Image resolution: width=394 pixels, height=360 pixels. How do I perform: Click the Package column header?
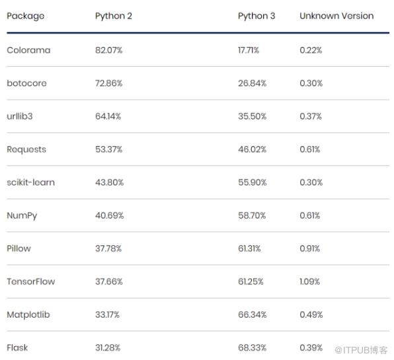coord(25,17)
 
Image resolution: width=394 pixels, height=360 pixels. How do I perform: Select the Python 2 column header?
coord(114,16)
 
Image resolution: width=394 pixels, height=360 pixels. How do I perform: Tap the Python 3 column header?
coord(256,16)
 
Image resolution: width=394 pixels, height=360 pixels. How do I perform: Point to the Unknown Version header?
coord(336,16)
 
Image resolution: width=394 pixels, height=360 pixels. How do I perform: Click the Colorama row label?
coord(28,50)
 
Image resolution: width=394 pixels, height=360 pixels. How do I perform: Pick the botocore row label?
coord(26,83)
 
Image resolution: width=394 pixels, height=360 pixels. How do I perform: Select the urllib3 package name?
coord(20,116)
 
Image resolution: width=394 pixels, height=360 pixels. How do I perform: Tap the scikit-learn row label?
coord(30,182)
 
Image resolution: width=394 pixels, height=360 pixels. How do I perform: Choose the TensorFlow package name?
coord(30,281)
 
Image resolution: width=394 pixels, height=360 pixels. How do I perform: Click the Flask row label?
coord(17,347)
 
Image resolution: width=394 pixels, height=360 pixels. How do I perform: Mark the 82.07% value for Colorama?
coord(109,50)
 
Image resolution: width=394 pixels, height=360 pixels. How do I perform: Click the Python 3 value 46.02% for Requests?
coord(253,149)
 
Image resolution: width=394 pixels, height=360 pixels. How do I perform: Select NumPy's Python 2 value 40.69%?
coord(109,215)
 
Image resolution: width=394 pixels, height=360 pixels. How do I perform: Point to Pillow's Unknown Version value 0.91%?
coord(310,248)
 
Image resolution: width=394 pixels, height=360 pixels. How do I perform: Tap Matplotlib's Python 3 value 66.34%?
coord(253,314)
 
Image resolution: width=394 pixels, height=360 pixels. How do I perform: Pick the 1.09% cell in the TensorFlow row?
coord(310,281)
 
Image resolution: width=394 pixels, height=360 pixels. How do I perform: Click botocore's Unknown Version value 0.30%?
coord(311,83)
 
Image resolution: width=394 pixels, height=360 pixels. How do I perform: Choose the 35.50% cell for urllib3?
coord(253,116)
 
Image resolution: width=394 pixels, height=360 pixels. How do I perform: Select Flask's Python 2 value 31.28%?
coord(108,347)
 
